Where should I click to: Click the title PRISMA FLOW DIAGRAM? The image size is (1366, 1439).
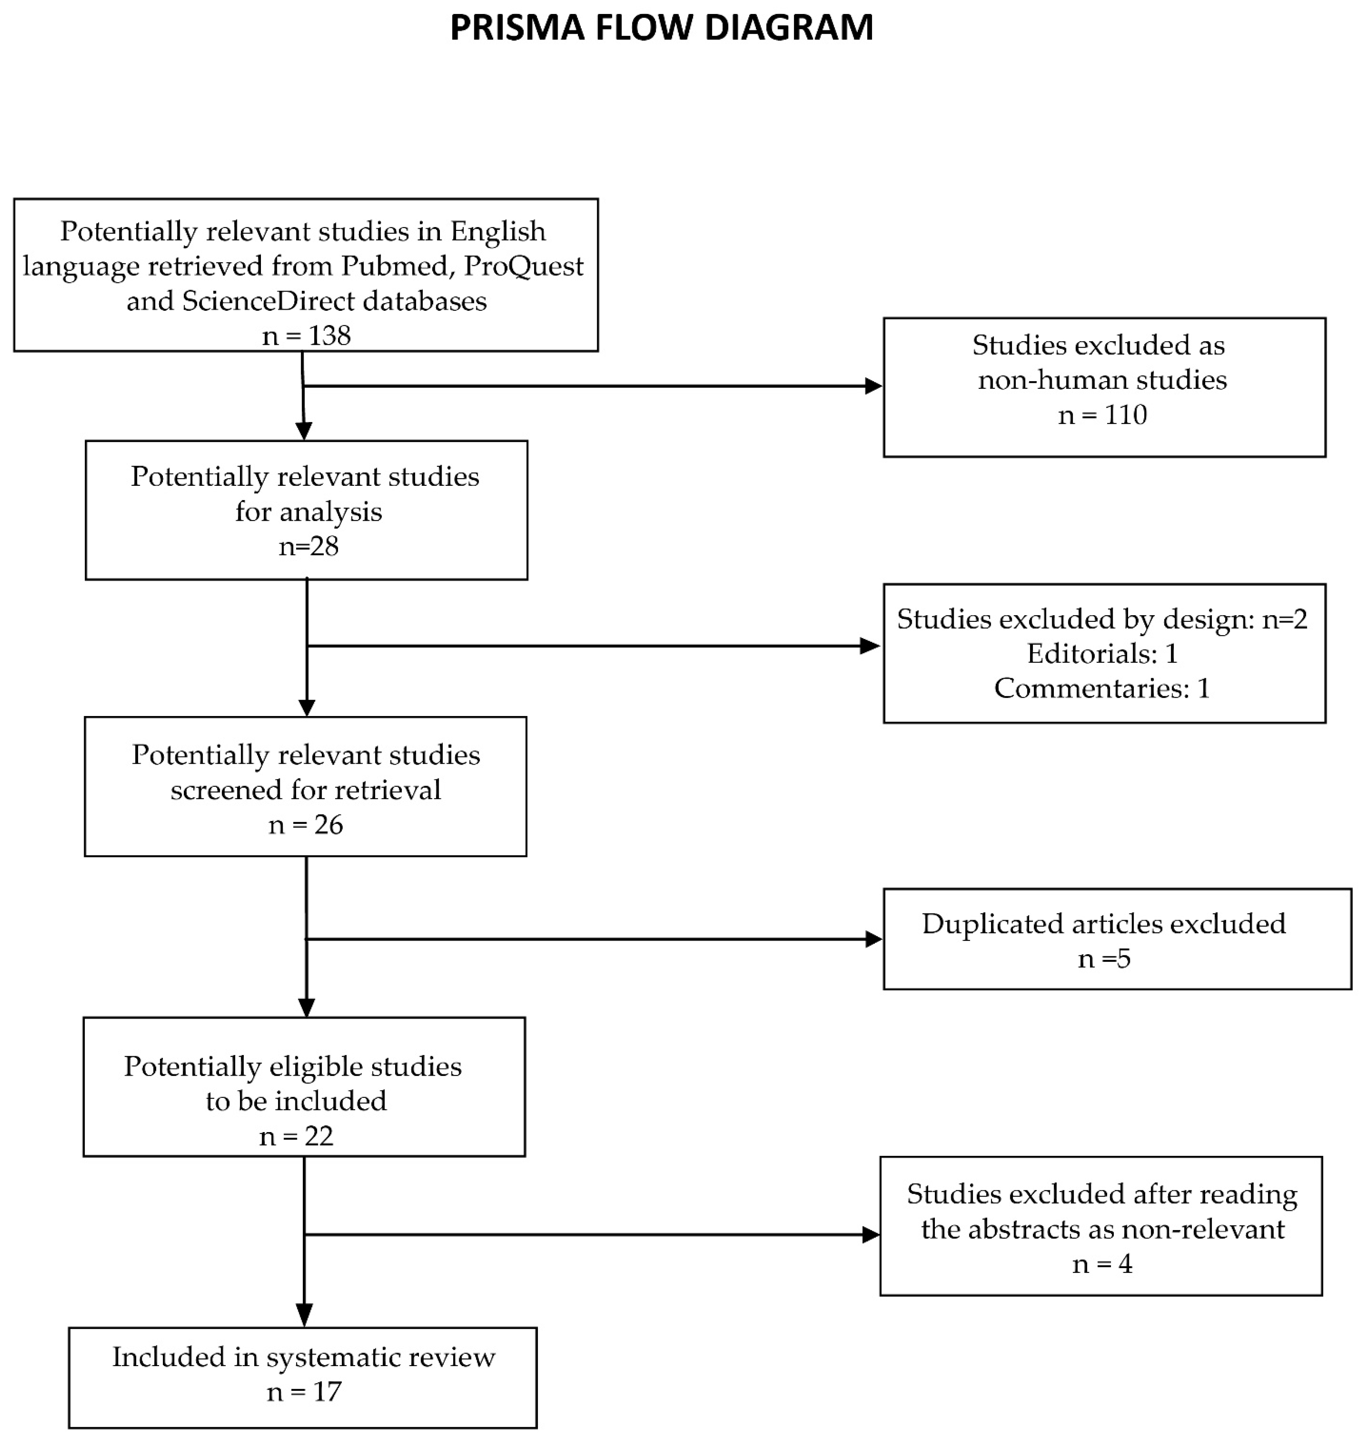661,28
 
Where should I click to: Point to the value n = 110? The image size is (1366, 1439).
1102,415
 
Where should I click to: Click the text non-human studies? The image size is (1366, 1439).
1102,380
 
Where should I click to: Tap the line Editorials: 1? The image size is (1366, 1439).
1102,654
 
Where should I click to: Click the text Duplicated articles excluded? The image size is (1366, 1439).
1103,924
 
